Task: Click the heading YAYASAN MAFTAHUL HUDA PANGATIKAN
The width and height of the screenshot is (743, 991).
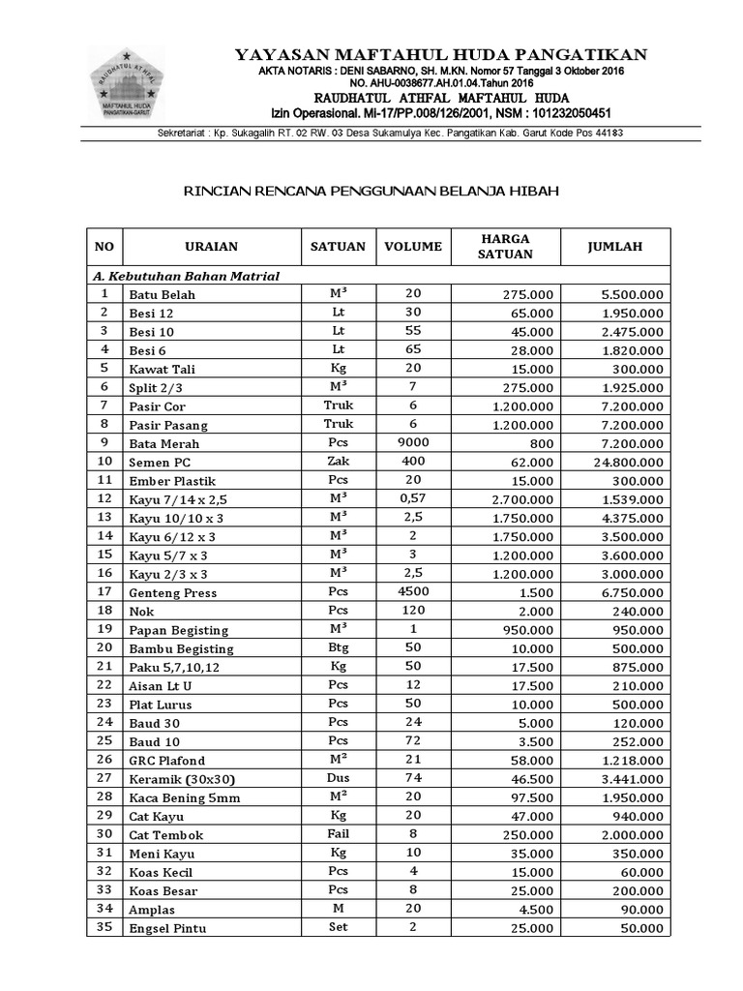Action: pyautogui.click(x=441, y=54)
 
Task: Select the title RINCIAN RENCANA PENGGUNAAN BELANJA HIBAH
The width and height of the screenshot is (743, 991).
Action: pyautogui.click(x=371, y=192)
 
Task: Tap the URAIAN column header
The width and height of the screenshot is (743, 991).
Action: pyautogui.click(x=211, y=247)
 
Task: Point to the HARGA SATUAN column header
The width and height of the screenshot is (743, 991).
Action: pyautogui.click(x=505, y=247)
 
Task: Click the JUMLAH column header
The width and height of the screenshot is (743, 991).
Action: pyautogui.click(x=615, y=247)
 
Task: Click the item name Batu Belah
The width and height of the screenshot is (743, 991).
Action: pyautogui.click(x=162, y=294)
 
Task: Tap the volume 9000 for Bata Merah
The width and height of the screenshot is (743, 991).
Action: pyautogui.click(x=413, y=442)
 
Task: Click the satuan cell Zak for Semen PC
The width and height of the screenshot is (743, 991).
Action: pyautogui.click(x=339, y=462)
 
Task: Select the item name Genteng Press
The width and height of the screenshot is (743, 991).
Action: pyautogui.click(x=173, y=592)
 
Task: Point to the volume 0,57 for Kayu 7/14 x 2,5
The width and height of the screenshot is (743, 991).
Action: pyautogui.click(x=413, y=498)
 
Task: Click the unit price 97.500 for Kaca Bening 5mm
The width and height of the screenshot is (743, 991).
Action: pyautogui.click(x=531, y=797)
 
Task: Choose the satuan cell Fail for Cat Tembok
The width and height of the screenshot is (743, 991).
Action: pyautogui.click(x=339, y=834)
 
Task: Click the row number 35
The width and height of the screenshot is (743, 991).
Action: pyautogui.click(x=104, y=927)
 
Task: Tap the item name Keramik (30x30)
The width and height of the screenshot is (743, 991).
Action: pyautogui.click(x=181, y=779)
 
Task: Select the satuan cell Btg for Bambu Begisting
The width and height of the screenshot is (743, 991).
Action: pyautogui.click(x=339, y=647)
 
